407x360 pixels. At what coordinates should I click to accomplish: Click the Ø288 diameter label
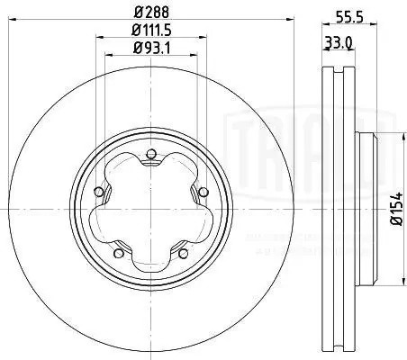click(x=150, y=13)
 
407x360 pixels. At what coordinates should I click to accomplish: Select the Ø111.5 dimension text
click(x=150, y=32)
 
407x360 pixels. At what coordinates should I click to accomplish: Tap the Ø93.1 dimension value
click(x=150, y=49)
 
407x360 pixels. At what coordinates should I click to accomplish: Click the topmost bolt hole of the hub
click(x=151, y=154)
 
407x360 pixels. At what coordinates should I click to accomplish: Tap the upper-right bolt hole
click(x=199, y=190)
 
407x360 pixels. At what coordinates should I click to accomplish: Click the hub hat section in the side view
click(x=362, y=207)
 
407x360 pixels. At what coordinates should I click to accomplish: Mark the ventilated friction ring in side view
click(x=334, y=207)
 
